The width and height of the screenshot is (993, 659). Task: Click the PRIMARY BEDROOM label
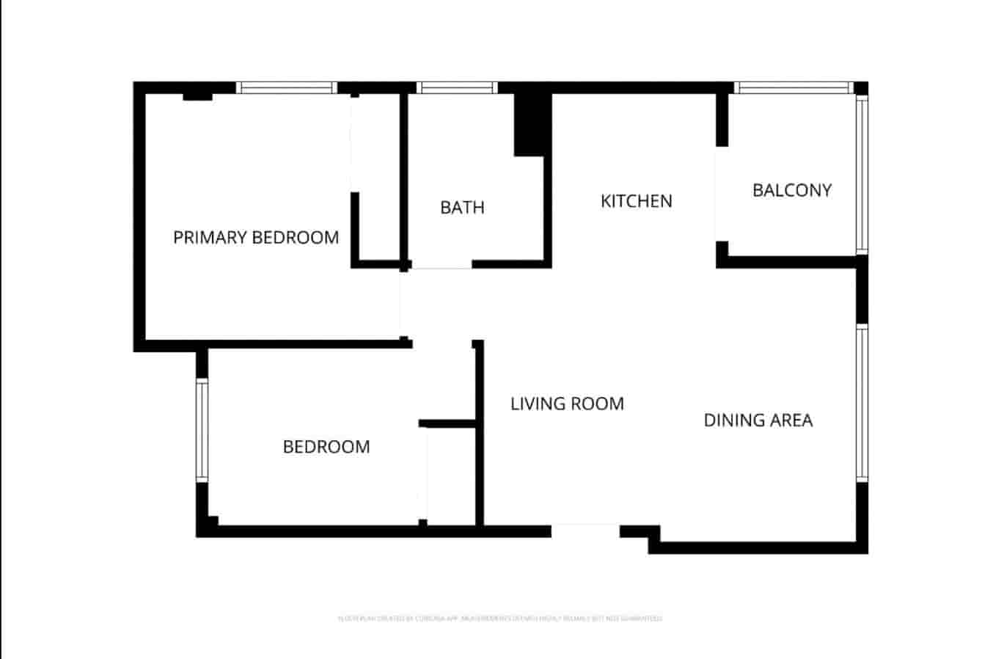256,238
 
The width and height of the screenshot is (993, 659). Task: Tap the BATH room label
462,208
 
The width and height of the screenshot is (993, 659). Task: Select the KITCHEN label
636,201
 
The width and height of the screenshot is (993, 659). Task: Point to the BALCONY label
792,191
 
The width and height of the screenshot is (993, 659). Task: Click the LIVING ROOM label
567,404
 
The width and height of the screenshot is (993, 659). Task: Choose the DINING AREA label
758,420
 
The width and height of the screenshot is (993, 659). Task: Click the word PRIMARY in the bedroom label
210,238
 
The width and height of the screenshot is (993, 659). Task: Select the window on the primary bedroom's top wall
286,88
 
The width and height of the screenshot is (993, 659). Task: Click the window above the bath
457,88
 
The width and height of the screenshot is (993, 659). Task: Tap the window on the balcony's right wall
862,175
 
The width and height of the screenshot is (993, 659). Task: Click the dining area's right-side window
862,404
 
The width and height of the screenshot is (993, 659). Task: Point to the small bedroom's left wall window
202,430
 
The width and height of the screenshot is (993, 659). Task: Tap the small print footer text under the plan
499,619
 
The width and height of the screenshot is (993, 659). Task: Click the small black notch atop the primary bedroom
197,96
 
